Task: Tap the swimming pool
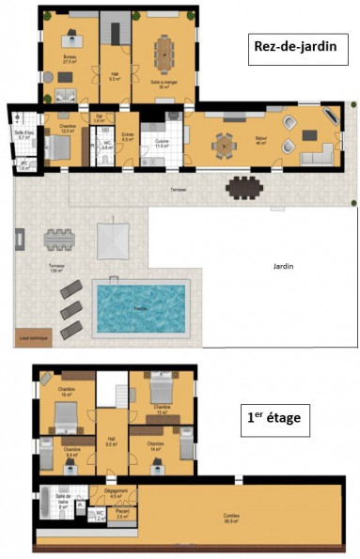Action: pos(141,306)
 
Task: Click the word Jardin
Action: pos(283,266)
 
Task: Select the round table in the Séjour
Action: pos(223,145)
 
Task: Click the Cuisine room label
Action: pos(161,144)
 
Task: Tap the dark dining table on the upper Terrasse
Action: pos(246,188)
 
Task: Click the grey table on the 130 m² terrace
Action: pos(59,240)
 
